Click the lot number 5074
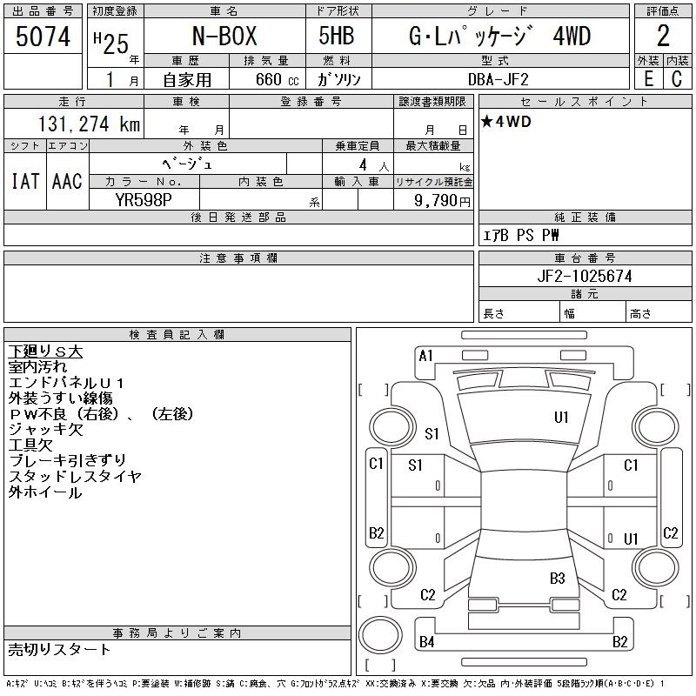(43, 37)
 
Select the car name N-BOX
(224, 36)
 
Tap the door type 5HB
(337, 36)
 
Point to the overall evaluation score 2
(663, 36)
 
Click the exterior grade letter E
(648, 79)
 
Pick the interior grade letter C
(677, 79)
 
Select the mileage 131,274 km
(89, 124)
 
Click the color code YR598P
(144, 200)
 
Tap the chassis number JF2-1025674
(584, 276)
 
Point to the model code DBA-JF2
(498, 79)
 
